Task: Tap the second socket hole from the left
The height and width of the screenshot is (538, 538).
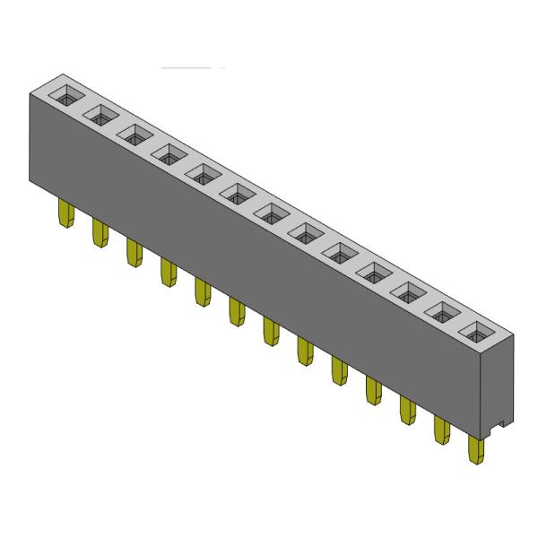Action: coord(100,115)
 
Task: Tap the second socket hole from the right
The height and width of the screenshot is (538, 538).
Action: coord(443,311)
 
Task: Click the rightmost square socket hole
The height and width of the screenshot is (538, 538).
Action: coord(477,331)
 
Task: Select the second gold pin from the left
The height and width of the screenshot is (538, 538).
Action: coord(99,233)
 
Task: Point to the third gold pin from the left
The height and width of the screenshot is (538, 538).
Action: coord(134,252)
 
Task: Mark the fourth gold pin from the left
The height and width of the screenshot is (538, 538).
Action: coord(168,272)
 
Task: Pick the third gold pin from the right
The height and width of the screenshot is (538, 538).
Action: coord(407,410)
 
